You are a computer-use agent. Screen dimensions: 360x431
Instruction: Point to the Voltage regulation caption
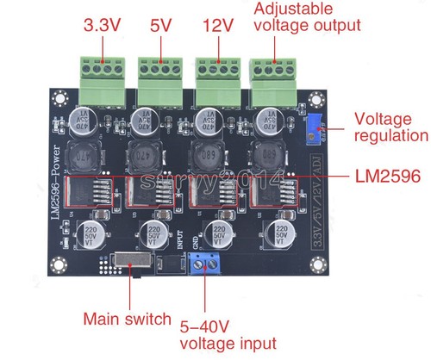[390, 127]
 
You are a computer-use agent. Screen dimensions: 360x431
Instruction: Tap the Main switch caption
[127, 319]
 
